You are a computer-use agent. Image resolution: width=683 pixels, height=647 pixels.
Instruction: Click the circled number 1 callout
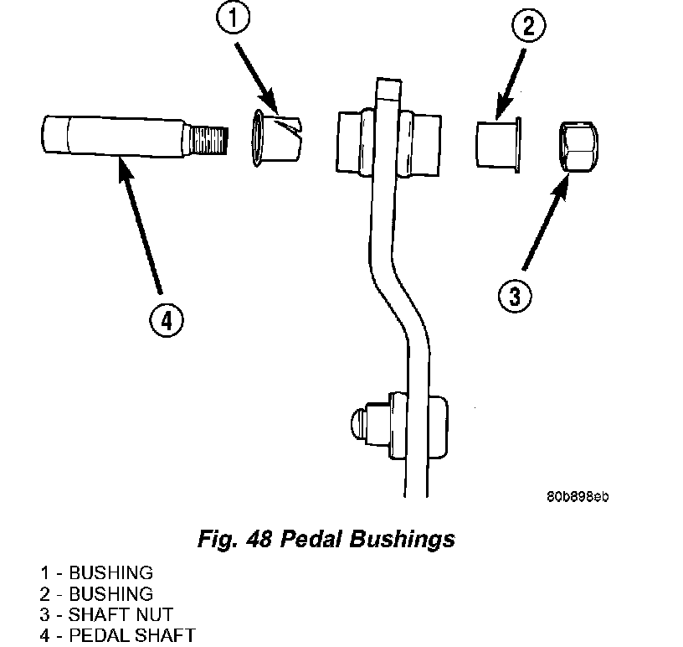(233, 18)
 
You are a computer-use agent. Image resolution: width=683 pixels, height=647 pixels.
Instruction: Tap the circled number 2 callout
(528, 26)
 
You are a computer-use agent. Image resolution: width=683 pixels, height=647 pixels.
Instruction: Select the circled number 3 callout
(515, 296)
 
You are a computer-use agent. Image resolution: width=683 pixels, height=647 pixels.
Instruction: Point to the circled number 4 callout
(167, 320)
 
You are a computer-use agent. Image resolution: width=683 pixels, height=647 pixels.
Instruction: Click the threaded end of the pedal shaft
(209, 139)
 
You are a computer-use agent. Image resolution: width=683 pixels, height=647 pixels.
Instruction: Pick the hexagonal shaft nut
(578, 147)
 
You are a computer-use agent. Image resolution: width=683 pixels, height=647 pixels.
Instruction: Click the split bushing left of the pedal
(276, 137)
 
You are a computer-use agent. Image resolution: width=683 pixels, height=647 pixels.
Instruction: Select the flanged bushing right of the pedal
(498, 144)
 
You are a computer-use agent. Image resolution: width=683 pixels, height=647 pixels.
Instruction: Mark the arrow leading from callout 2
(510, 84)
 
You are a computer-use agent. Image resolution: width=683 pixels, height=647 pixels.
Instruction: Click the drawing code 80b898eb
(578, 496)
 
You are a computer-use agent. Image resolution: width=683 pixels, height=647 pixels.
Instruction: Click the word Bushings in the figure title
(402, 539)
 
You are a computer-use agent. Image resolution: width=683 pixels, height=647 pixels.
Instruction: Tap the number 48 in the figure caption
(259, 539)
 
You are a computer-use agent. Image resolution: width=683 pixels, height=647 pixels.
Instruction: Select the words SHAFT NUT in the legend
(121, 614)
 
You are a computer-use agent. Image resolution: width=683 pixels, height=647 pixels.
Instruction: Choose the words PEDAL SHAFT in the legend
(132, 635)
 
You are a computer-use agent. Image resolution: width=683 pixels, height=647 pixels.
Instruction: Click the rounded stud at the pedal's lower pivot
(359, 423)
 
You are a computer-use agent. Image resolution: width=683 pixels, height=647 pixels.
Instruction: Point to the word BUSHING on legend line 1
(111, 572)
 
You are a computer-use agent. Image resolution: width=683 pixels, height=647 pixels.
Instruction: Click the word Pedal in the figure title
(311, 539)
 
